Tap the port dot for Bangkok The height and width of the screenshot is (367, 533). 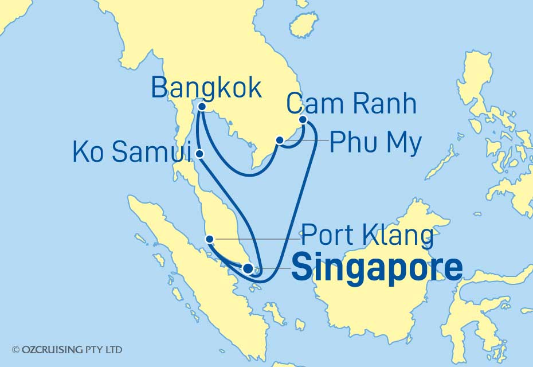click(x=201, y=106)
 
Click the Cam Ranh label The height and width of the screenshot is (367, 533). click(x=351, y=104)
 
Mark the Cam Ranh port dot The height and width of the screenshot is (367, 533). click(x=304, y=120)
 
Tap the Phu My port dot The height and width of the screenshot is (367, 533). click(x=280, y=140)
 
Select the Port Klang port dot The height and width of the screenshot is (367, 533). click(x=210, y=239)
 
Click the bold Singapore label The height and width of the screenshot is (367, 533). click(x=377, y=268)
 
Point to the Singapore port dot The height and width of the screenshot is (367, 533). click(x=248, y=268)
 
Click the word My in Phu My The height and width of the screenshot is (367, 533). click(x=405, y=142)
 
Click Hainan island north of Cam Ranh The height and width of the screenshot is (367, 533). click(x=304, y=25)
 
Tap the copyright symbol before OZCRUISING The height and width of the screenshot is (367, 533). click(x=15, y=349)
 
